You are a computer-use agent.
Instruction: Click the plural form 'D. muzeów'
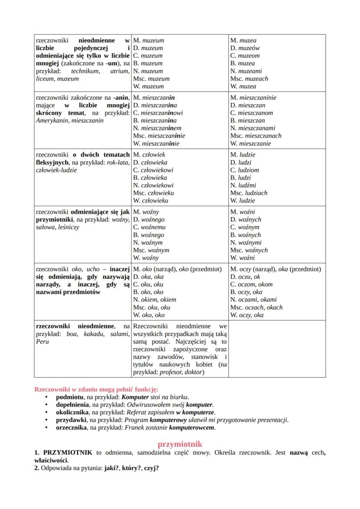tap(245, 48)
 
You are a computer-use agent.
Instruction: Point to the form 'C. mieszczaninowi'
tap(158, 113)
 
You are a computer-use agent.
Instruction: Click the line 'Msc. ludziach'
tap(249, 193)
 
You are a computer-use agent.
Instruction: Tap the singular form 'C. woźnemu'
tap(150, 227)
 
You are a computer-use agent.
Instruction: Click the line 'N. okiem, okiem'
tap(154, 300)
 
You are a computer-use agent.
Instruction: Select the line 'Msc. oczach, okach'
tap(256, 307)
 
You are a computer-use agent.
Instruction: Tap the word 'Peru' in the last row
tap(43, 342)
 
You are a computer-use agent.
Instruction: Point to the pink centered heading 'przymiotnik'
tap(180, 444)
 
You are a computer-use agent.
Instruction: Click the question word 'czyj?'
tap(151, 469)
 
